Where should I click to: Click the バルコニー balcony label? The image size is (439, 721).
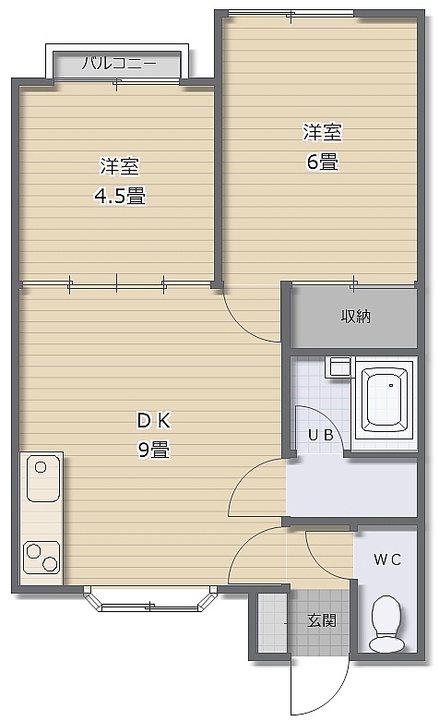(x=119, y=63)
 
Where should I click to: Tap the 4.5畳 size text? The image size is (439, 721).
(x=120, y=197)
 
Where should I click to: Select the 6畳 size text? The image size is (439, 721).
(x=323, y=162)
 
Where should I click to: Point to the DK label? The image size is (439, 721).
(x=154, y=420)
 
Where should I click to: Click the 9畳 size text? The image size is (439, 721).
(x=154, y=450)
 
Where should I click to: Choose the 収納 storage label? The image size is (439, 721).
(x=355, y=317)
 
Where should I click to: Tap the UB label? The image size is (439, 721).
(x=321, y=435)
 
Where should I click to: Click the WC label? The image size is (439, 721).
(x=387, y=559)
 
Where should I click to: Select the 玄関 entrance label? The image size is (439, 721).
(x=322, y=620)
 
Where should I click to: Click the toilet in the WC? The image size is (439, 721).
(x=386, y=623)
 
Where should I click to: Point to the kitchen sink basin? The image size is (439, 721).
(x=43, y=478)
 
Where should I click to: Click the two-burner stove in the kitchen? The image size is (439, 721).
(x=42, y=558)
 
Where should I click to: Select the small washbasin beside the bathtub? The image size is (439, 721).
(x=338, y=367)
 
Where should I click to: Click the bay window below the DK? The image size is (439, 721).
(x=149, y=599)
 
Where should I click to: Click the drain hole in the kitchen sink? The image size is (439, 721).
(x=41, y=468)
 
